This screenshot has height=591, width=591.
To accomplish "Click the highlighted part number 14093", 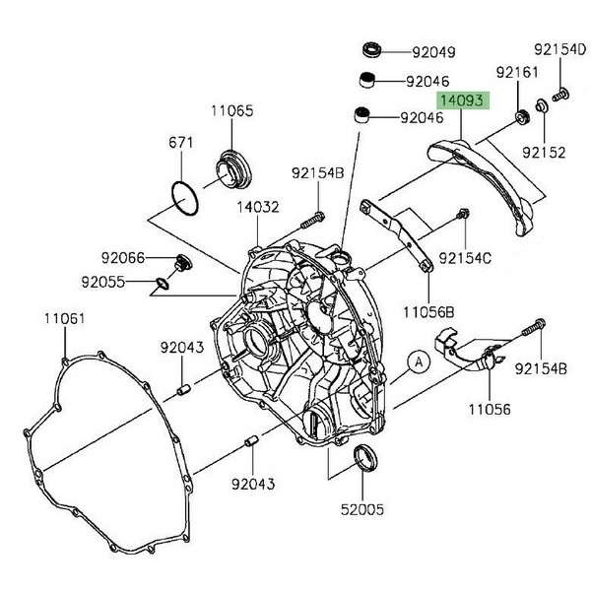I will [463, 100].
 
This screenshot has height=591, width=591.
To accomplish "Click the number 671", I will [178, 144].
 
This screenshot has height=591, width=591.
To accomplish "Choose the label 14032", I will [258, 209].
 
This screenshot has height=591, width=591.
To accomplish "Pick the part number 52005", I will [364, 510].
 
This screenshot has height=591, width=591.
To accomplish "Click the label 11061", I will [63, 319].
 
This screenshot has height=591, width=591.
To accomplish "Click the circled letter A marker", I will [418, 362].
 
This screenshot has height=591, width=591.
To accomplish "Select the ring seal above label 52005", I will [365, 456].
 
